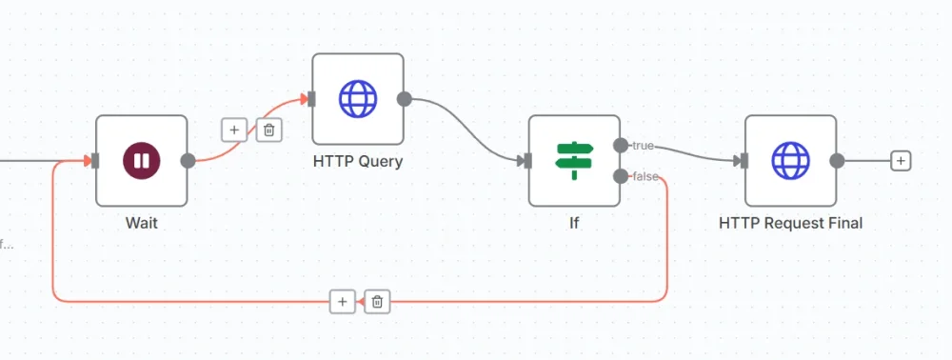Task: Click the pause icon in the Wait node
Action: [x=141, y=161]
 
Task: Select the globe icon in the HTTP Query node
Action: [x=358, y=98]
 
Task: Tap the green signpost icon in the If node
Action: [x=574, y=161]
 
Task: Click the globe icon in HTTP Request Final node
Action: [x=790, y=161]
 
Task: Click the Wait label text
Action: [x=141, y=223]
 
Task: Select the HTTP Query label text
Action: [x=358, y=161]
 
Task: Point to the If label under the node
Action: [x=574, y=223]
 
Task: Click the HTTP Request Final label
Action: [x=790, y=223]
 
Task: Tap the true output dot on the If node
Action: [x=621, y=145]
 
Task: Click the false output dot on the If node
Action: [x=621, y=176]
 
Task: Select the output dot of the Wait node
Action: [x=188, y=161]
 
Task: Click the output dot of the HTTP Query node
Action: [x=404, y=98]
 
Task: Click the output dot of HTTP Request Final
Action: [x=837, y=161]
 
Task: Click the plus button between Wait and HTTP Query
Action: [x=234, y=130]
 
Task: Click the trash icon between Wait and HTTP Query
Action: [x=268, y=130]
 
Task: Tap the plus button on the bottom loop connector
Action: [x=342, y=301]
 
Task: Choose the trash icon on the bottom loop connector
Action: [x=377, y=301]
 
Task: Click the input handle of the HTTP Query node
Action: [x=311, y=98]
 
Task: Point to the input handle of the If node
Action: [x=527, y=161]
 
